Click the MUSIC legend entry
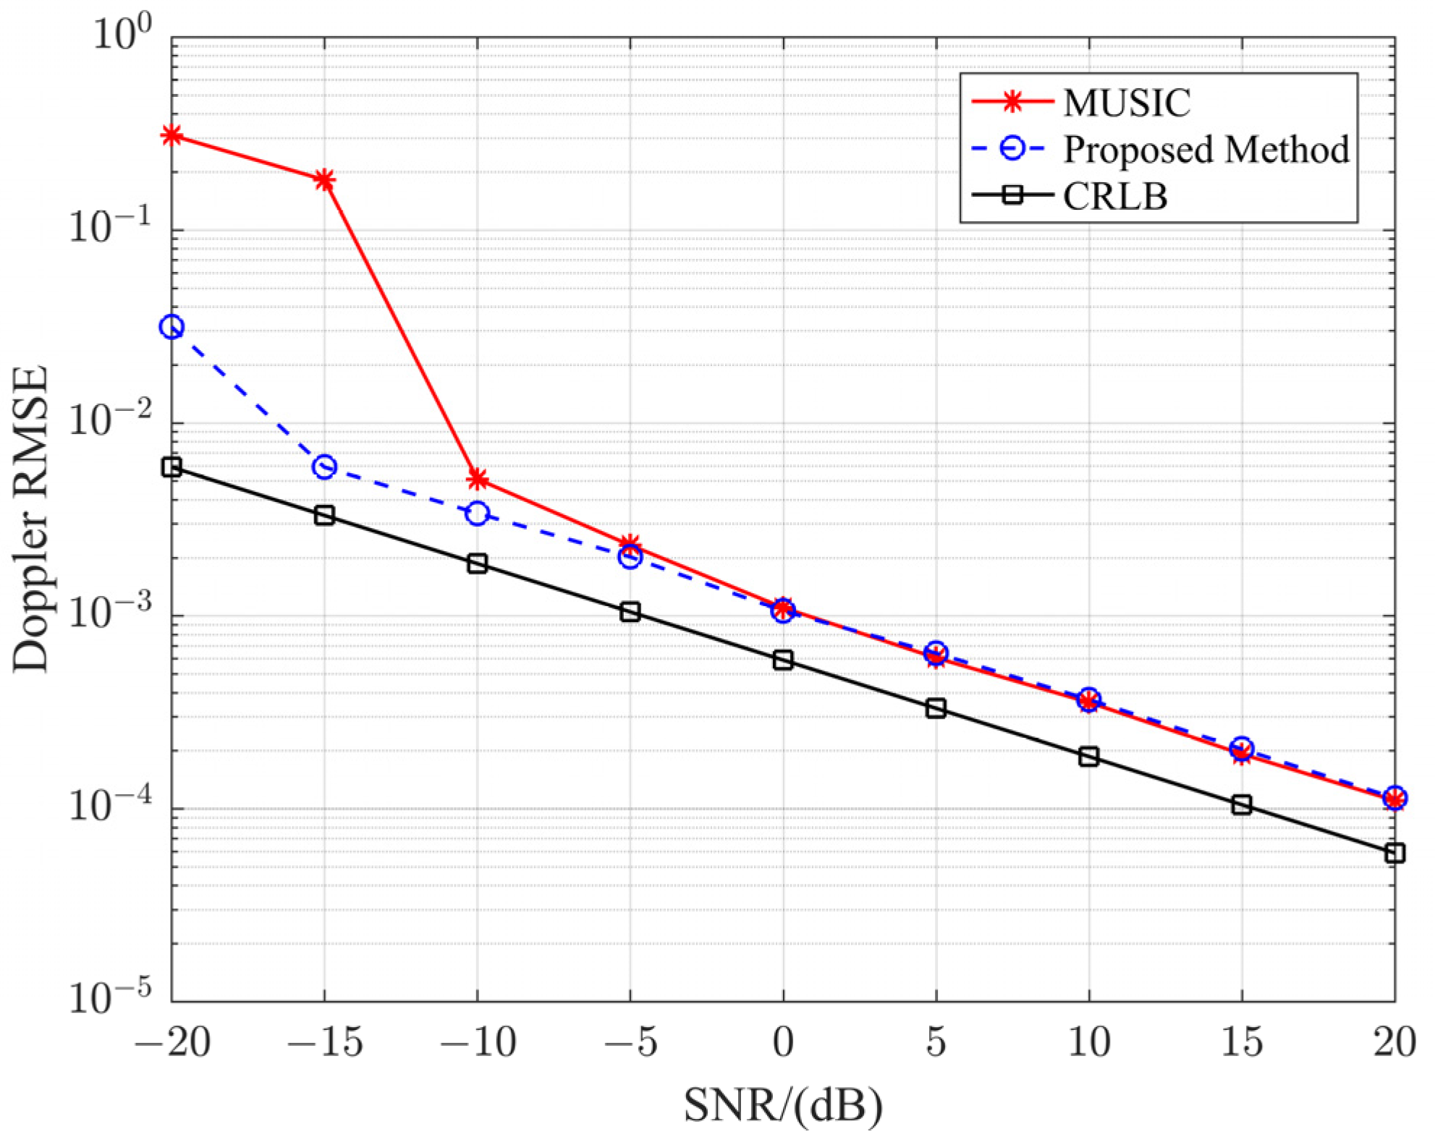coord(1126,103)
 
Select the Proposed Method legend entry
coord(1205,150)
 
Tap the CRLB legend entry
coord(1114,196)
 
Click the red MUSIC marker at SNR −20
coord(172,135)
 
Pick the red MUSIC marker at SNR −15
coord(325,179)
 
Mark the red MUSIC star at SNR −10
coord(478,479)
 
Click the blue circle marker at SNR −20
coord(172,327)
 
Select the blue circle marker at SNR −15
coord(325,467)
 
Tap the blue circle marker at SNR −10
coord(478,514)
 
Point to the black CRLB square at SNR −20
coord(172,467)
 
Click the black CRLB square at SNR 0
coord(783,660)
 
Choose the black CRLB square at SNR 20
coord(1394,854)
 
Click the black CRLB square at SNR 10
coord(1089,757)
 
